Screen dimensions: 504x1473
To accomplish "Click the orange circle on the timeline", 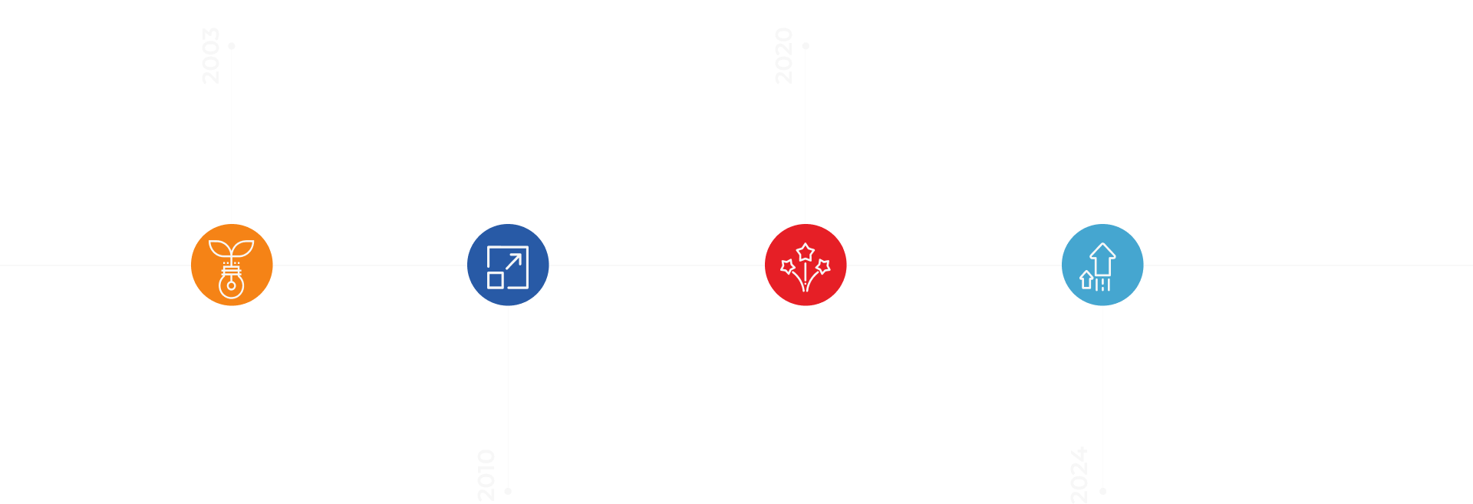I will click(x=232, y=265).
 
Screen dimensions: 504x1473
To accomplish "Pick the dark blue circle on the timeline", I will click(x=508, y=265).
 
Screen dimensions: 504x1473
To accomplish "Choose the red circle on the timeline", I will click(x=806, y=265).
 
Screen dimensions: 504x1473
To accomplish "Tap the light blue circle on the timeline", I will click(x=1102, y=265).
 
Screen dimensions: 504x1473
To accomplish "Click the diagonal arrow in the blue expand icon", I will click(x=514, y=261).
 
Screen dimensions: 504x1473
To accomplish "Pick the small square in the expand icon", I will click(x=496, y=280).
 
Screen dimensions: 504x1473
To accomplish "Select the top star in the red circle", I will click(x=806, y=252).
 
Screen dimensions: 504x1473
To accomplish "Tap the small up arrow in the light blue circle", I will click(x=1086, y=279).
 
